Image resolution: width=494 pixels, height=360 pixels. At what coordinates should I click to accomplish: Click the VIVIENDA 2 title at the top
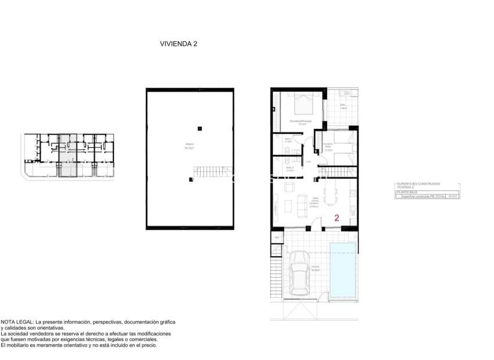(178, 43)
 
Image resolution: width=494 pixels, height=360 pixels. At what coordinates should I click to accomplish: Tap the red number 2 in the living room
(337, 218)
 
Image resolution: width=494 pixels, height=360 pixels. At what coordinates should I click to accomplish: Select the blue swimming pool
(343, 269)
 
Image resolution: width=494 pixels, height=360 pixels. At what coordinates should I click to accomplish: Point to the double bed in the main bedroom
(304, 105)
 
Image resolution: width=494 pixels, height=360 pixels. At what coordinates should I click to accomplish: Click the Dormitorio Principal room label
(301, 122)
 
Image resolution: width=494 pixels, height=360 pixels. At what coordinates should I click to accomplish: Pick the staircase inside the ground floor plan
(337, 171)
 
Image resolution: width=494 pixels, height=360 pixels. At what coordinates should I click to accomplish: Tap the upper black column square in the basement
(199, 128)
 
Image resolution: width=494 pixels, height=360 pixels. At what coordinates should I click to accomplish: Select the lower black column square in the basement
(191, 179)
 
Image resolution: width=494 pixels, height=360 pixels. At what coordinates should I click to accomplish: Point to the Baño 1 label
(288, 140)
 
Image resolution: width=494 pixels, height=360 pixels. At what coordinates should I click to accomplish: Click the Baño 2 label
(289, 168)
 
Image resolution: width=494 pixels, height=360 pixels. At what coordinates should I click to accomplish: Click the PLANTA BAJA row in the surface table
(407, 192)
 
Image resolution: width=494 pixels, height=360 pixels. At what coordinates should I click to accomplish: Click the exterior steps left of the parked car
(277, 279)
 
